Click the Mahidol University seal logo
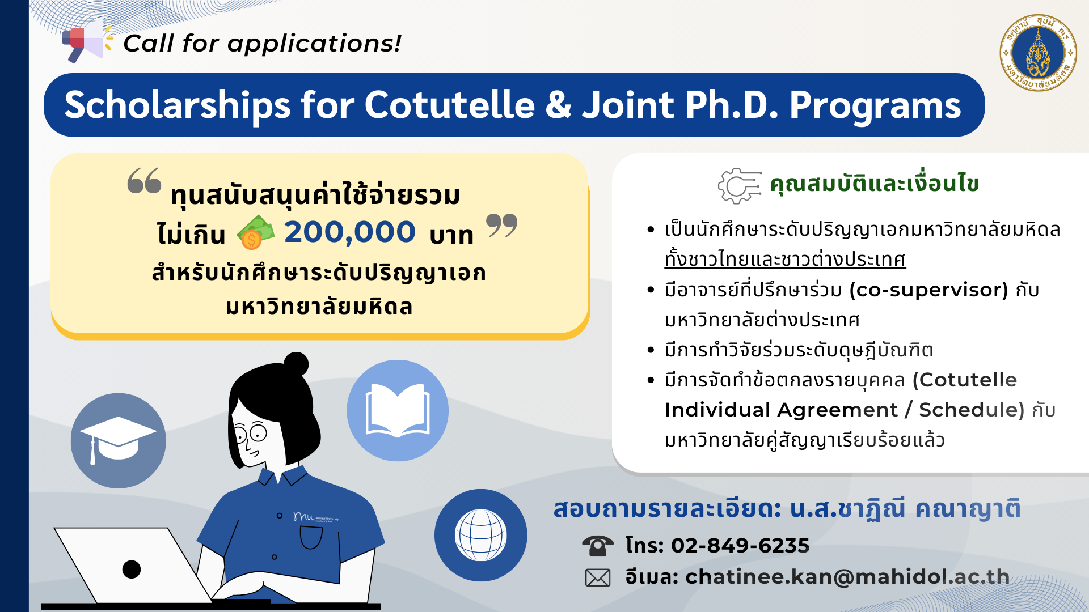point(1038,53)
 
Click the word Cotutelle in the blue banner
point(449,105)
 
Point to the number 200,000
point(349,232)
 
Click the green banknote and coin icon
point(255,232)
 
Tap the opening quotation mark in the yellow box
point(144,181)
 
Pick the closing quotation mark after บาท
point(502,225)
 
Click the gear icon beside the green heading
point(739,185)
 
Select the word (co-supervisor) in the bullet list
point(928,290)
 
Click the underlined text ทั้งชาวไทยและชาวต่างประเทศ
point(785,260)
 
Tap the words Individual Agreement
point(781,410)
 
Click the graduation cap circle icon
point(118,440)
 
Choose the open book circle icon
point(398,410)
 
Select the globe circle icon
point(480,535)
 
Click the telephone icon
point(597,545)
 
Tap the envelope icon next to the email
point(598,577)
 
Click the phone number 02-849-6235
point(740,545)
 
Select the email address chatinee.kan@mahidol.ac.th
point(847,577)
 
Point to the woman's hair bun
point(296,364)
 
